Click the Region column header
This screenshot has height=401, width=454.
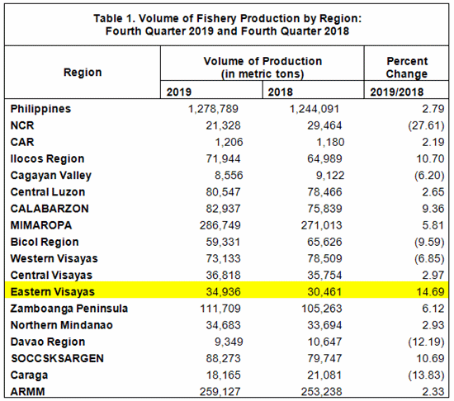pos(83,73)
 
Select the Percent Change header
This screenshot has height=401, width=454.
pos(407,68)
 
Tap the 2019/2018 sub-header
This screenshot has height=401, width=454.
pos(397,92)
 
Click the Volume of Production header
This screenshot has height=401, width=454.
pos(262,68)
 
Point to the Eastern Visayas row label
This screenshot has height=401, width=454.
pos(52,291)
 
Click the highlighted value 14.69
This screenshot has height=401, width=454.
pos(430,291)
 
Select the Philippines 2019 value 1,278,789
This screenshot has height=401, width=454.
pos(213,109)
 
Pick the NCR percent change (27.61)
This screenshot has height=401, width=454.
pos(426,125)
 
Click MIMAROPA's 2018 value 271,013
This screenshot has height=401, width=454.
pos(321,225)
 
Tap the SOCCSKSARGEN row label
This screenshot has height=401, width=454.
pos(57,358)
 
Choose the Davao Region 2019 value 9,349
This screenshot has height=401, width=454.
pos(229,342)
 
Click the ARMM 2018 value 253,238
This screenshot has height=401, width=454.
pos(321,392)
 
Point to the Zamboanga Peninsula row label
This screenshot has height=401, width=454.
pos(69,309)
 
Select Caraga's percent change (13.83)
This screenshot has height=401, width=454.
pos(426,375)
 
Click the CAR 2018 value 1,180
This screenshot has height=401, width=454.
pos(330,142)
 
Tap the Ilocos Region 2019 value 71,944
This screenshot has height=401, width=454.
pos(223,159)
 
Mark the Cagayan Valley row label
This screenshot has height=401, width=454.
pos(50,176)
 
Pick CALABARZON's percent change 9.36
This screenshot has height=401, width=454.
pos(433,209)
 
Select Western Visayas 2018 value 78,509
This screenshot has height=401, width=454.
pos(324,258)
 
